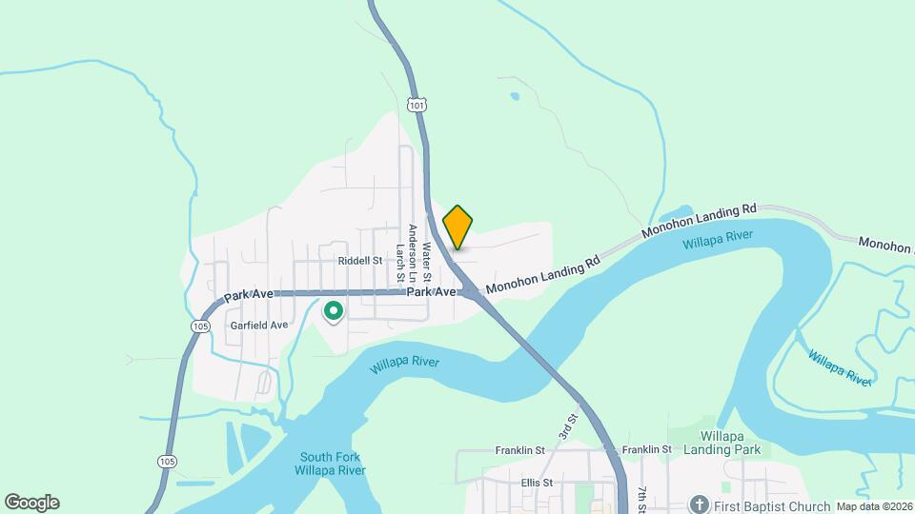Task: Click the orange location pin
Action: tap(458, 227)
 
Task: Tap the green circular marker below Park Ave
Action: tap(334, 310)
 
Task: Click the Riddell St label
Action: tap(359, 260)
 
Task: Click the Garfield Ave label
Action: tap(259, 325)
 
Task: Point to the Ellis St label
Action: tap(538, 483)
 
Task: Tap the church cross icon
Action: tap(699, 504)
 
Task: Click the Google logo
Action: tap(31, 503)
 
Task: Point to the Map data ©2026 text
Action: tap(874, 506)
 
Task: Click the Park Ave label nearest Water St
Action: tap(431, 292)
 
